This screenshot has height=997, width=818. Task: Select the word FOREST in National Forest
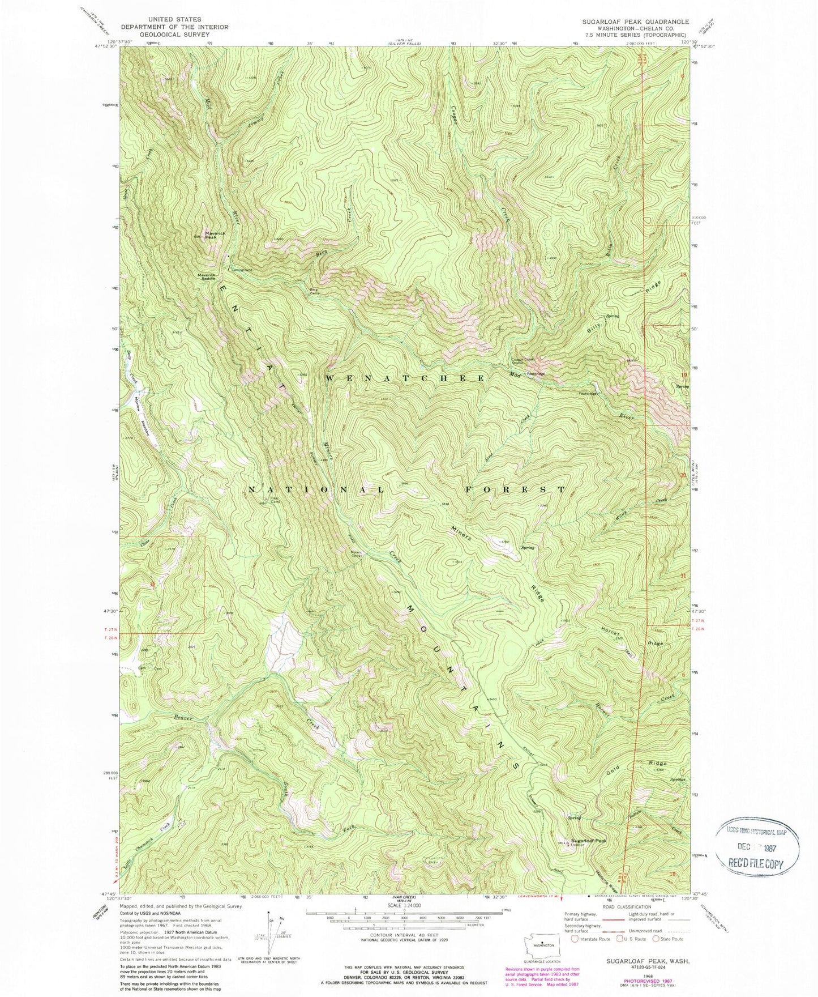515,489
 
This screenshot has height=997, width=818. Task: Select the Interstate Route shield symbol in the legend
575,939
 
